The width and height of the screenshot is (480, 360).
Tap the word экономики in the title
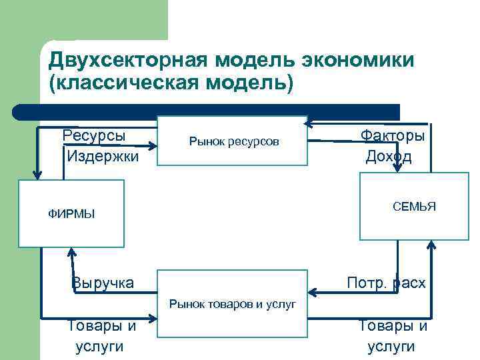coord(358,61)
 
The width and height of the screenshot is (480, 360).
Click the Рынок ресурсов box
coord(232,141)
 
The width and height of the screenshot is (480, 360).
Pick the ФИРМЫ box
coord(72,213)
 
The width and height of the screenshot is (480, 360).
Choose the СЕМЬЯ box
coord(414,206)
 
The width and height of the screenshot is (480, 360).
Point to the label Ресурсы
coord(94,135)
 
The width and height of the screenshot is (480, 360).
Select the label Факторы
coord(393,135)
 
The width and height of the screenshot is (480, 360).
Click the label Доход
coord(389,157)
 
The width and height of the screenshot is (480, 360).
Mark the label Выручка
coord(103,283)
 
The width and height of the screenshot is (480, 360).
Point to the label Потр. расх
coord(386,283)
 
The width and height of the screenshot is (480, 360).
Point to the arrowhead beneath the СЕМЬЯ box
coord(431,246)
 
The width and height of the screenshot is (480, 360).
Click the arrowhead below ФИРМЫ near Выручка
coord(69,253)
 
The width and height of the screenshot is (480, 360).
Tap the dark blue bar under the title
coord(207,111)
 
